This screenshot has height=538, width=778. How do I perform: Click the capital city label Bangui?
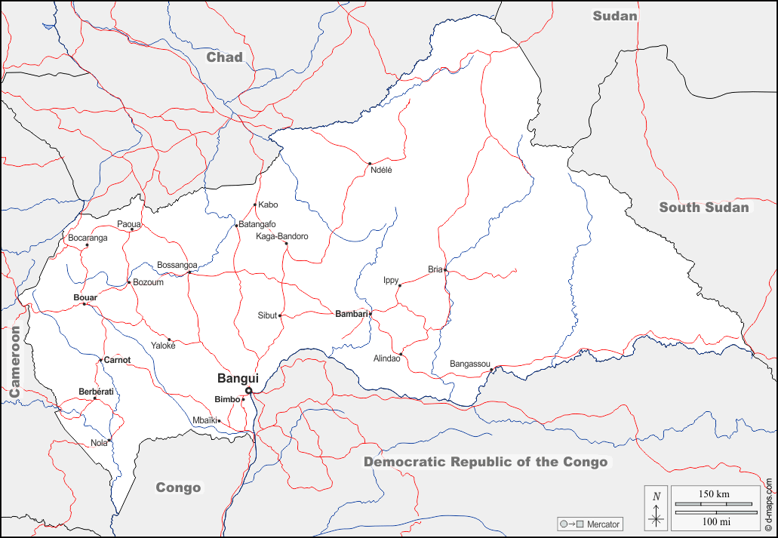point(238,378)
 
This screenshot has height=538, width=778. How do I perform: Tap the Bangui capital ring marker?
point(248,390)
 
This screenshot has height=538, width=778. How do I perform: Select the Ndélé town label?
point(381,170)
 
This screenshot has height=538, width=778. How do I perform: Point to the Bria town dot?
point(445,269)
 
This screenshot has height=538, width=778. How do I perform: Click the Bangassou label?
point(470,364)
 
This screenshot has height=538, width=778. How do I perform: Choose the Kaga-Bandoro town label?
point(282,236)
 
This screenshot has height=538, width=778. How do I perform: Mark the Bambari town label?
point(351,313)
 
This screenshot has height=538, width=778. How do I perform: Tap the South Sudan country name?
point(704,208)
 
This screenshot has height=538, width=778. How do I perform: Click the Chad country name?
point(225,57)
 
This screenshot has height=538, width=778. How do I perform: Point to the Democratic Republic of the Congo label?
point(485,462)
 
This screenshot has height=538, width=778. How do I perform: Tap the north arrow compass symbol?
point(657,508)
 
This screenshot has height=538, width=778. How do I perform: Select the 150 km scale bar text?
point(713,493)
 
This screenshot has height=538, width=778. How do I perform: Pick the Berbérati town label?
point(96,392)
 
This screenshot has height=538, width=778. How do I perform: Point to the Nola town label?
point(99,443)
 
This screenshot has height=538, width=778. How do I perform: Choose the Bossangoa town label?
point(177,265)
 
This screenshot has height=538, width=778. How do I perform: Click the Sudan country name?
point(614,16)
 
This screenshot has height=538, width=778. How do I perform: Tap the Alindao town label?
point(386,358)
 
